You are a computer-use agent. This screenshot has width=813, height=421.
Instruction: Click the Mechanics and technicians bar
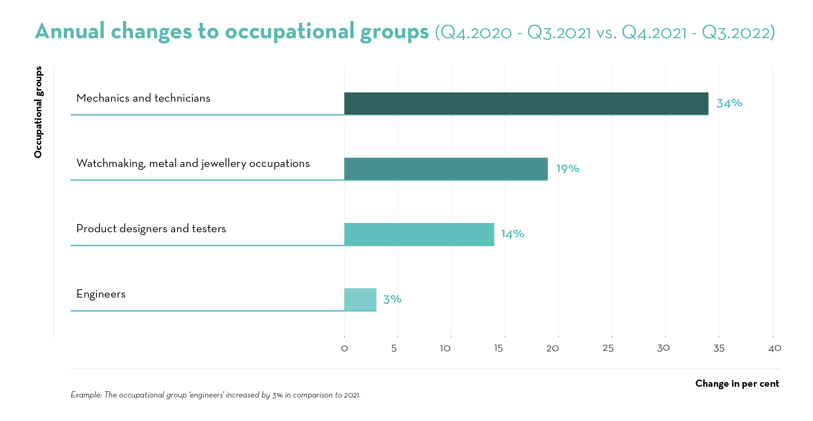[x=526, y=103]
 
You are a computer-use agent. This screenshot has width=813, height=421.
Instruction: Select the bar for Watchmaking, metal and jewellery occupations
[x=446, y=169]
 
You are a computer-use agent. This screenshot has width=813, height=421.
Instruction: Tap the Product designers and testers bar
[x=419, y=234]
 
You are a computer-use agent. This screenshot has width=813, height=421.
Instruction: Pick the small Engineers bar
[x=360, y=299]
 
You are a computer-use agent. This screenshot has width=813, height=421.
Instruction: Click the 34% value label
[x=729, y=103]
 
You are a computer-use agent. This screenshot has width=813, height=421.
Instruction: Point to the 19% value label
[x=568, y=168]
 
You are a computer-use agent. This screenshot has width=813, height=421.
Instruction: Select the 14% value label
[x=513, y=234]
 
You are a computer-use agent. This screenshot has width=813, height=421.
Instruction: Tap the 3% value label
[x=392, y=299]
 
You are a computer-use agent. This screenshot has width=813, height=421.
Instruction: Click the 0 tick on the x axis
[x=344, y=349]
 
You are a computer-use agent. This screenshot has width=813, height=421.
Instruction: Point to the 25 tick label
[x=608, y=349]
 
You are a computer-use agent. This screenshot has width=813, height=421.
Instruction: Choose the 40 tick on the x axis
[x=775, y=349]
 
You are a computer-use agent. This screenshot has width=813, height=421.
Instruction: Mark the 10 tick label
[x=445, y=349]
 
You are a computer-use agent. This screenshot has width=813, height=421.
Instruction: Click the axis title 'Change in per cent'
[x=737, y=384]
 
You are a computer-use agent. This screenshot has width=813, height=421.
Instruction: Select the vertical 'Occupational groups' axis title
[x=38, y=112]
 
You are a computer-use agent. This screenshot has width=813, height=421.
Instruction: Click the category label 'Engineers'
[x=101, y=294]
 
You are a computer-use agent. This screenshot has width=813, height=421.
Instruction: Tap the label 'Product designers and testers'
[x=151, y=229]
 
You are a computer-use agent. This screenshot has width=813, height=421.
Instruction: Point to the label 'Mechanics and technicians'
[x=143, y=98]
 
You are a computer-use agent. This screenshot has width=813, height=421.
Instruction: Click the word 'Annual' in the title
[x=70, y=31]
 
